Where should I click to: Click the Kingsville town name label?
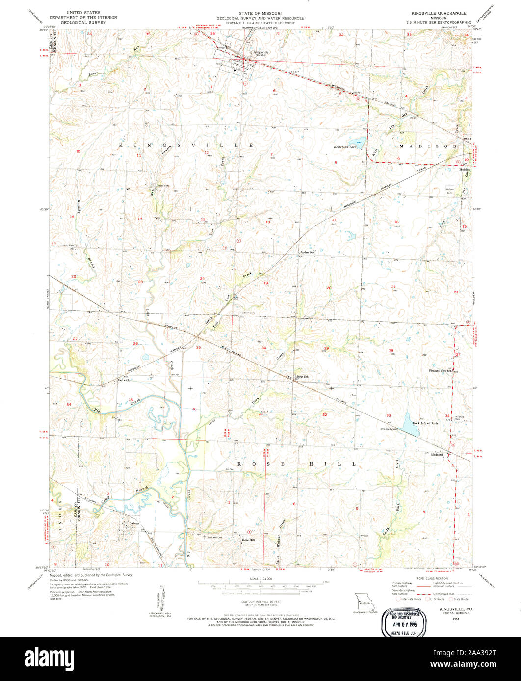click(261, 52)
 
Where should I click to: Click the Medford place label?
click(437, 455)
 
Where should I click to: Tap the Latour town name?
click(134, 523)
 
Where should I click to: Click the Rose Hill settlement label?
click(248, 540)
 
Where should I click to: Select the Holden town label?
click(464, 170)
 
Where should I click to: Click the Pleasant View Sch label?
click(440, 371)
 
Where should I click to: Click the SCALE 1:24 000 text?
click(260, 579)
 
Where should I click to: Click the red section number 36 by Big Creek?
click(194, 409)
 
